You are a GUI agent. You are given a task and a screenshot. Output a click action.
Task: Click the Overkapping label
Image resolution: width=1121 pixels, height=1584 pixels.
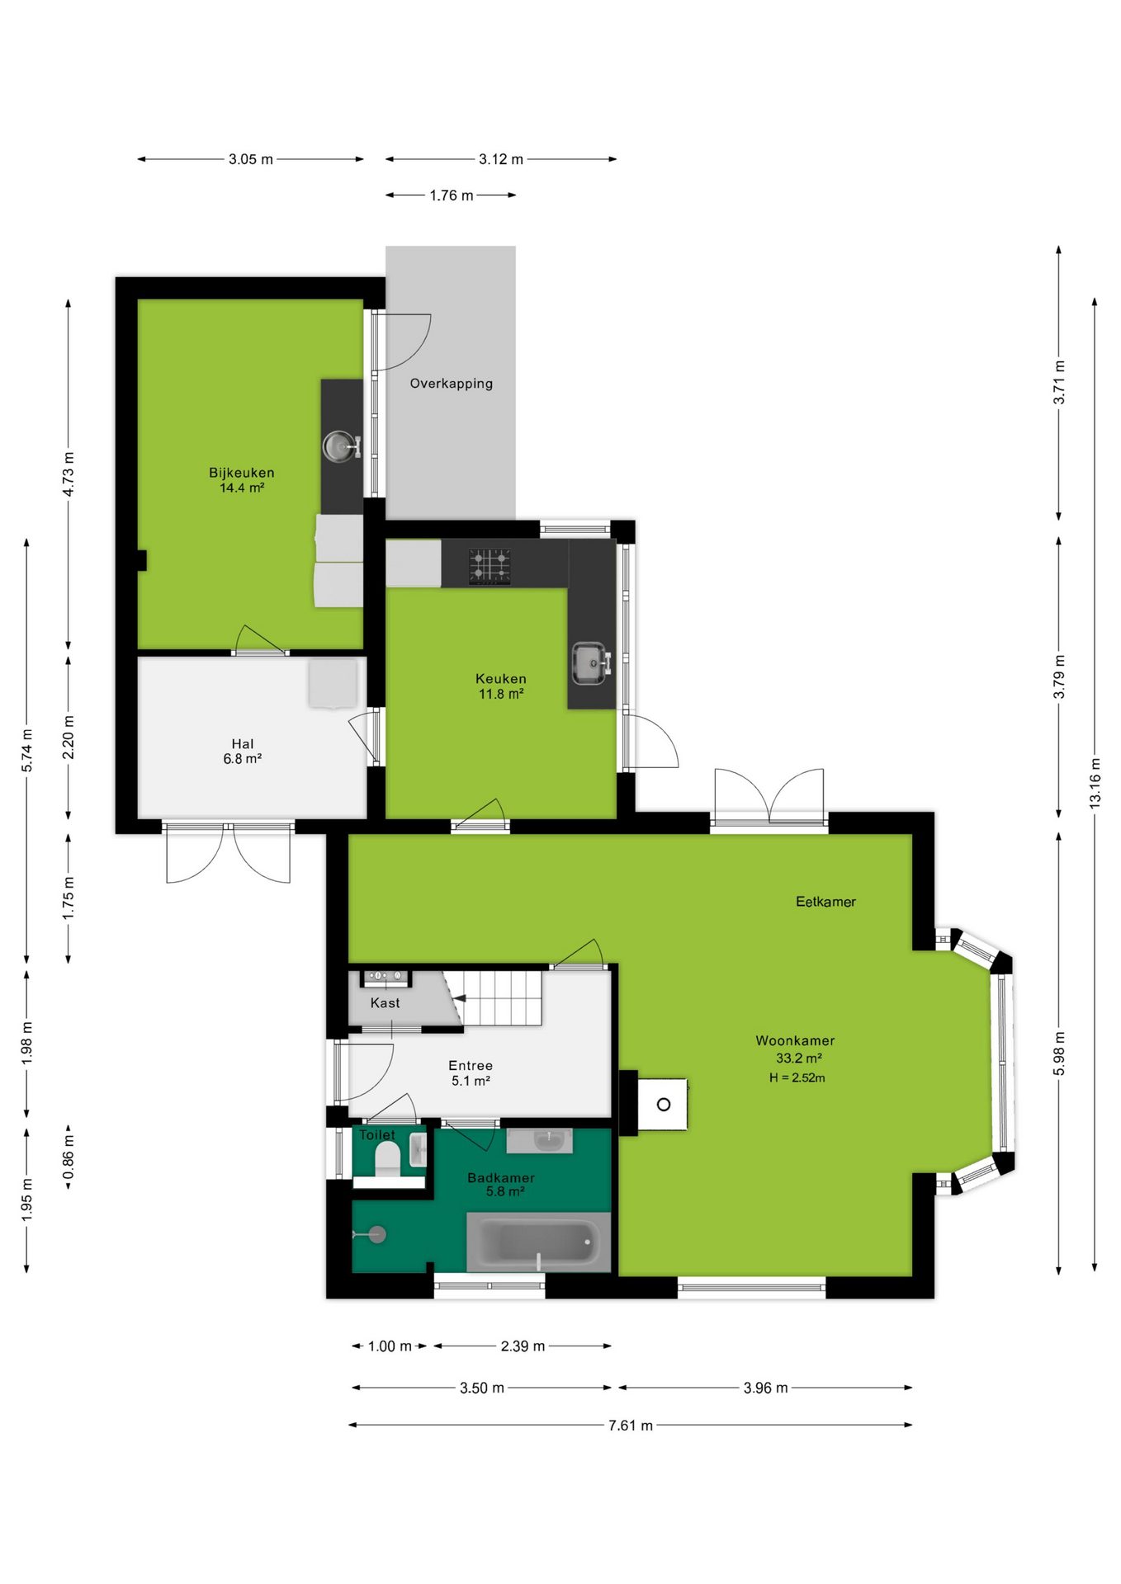click(x=452, y=384)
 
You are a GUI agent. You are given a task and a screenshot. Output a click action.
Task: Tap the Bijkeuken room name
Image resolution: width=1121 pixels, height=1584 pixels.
click(x=242, y=473)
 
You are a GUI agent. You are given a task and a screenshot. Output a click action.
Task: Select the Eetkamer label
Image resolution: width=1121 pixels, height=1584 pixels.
click(x=825, y=902)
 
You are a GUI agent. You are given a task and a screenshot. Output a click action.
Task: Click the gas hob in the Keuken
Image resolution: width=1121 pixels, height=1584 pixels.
click(x=490, y=567)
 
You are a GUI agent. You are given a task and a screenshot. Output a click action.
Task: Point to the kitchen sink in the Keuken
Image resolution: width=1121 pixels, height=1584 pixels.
click(x=590, y=663)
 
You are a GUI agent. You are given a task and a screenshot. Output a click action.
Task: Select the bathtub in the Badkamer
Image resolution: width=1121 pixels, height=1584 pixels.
click(x=538, y=1242)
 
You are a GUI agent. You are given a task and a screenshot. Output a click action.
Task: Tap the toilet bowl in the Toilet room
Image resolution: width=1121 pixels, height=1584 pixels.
click(x=387, y=1157)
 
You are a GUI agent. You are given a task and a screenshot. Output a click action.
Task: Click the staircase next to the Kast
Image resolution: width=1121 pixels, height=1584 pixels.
click(x=494, y=997)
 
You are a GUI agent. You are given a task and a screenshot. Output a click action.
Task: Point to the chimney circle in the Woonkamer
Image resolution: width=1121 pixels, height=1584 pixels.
click(x=664, y=1104)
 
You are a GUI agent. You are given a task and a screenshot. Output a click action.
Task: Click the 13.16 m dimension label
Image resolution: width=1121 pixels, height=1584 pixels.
click(x=1095, y=783)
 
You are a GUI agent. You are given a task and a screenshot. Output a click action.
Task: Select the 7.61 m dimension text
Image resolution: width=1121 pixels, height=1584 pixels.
click(x=631, y=1426)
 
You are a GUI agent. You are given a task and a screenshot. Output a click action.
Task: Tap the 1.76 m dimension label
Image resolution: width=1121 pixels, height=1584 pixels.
click(x=452, y=196)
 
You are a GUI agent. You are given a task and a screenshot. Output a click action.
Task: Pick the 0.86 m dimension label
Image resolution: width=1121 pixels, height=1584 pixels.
click(x=69, y=1157)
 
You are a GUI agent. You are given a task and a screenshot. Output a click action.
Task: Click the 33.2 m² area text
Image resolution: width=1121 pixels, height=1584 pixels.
click(x=798, y=1058)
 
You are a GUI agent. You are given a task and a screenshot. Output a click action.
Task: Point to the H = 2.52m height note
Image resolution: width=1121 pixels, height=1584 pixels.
click(x=797, y=1077)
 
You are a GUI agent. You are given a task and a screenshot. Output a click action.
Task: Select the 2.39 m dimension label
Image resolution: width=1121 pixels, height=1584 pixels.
click(x=523, y=1346)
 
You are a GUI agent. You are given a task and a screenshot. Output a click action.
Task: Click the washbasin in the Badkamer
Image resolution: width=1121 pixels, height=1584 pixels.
click(x=540, y=1140)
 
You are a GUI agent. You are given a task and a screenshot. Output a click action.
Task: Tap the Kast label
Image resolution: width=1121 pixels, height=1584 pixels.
click(x=385, y=1003)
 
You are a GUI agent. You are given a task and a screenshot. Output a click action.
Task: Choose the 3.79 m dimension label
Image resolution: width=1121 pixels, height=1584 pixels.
click(x=1059, y=676)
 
